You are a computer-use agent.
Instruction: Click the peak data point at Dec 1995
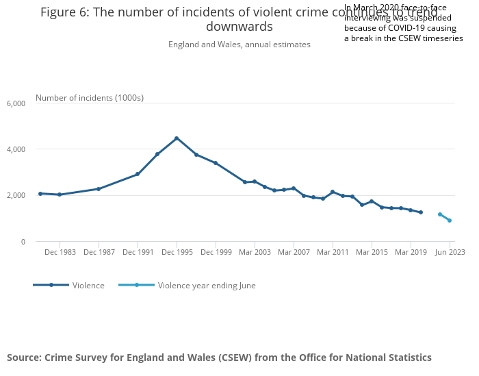[x=177, y=138]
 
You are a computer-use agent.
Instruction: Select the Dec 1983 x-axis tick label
[x=60, y=252]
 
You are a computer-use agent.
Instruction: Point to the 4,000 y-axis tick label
[x=16, y=149]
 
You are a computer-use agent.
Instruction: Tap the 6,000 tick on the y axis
[x=16, y=103]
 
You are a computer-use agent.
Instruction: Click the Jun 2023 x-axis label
[x=450, y=252]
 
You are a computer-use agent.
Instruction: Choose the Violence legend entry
[x=88, y=286]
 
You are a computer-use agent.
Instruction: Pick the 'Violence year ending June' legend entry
[x=207, y=286]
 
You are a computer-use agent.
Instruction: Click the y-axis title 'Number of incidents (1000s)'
[x=90, y=98]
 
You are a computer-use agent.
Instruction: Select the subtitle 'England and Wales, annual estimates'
[x=239, y=45]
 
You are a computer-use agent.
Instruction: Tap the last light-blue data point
[x=450, y=221]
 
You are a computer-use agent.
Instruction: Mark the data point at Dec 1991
[x=138, y=174]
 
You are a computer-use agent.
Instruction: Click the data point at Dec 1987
[x=99, y=189]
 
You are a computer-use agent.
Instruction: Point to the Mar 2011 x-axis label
[x=333, y=252]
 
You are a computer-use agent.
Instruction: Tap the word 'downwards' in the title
[x=239, y=27]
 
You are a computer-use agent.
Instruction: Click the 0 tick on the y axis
[x=23, y=242]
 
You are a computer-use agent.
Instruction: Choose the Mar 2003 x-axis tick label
[x=255, y=252]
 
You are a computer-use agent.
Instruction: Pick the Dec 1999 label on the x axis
[x=216, y=252]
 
